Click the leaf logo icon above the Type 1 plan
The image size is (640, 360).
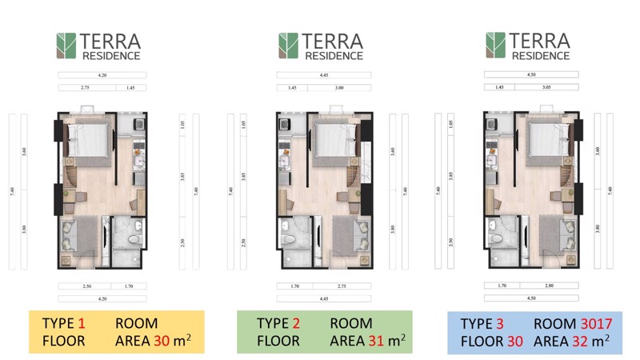tap(66, 46)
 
